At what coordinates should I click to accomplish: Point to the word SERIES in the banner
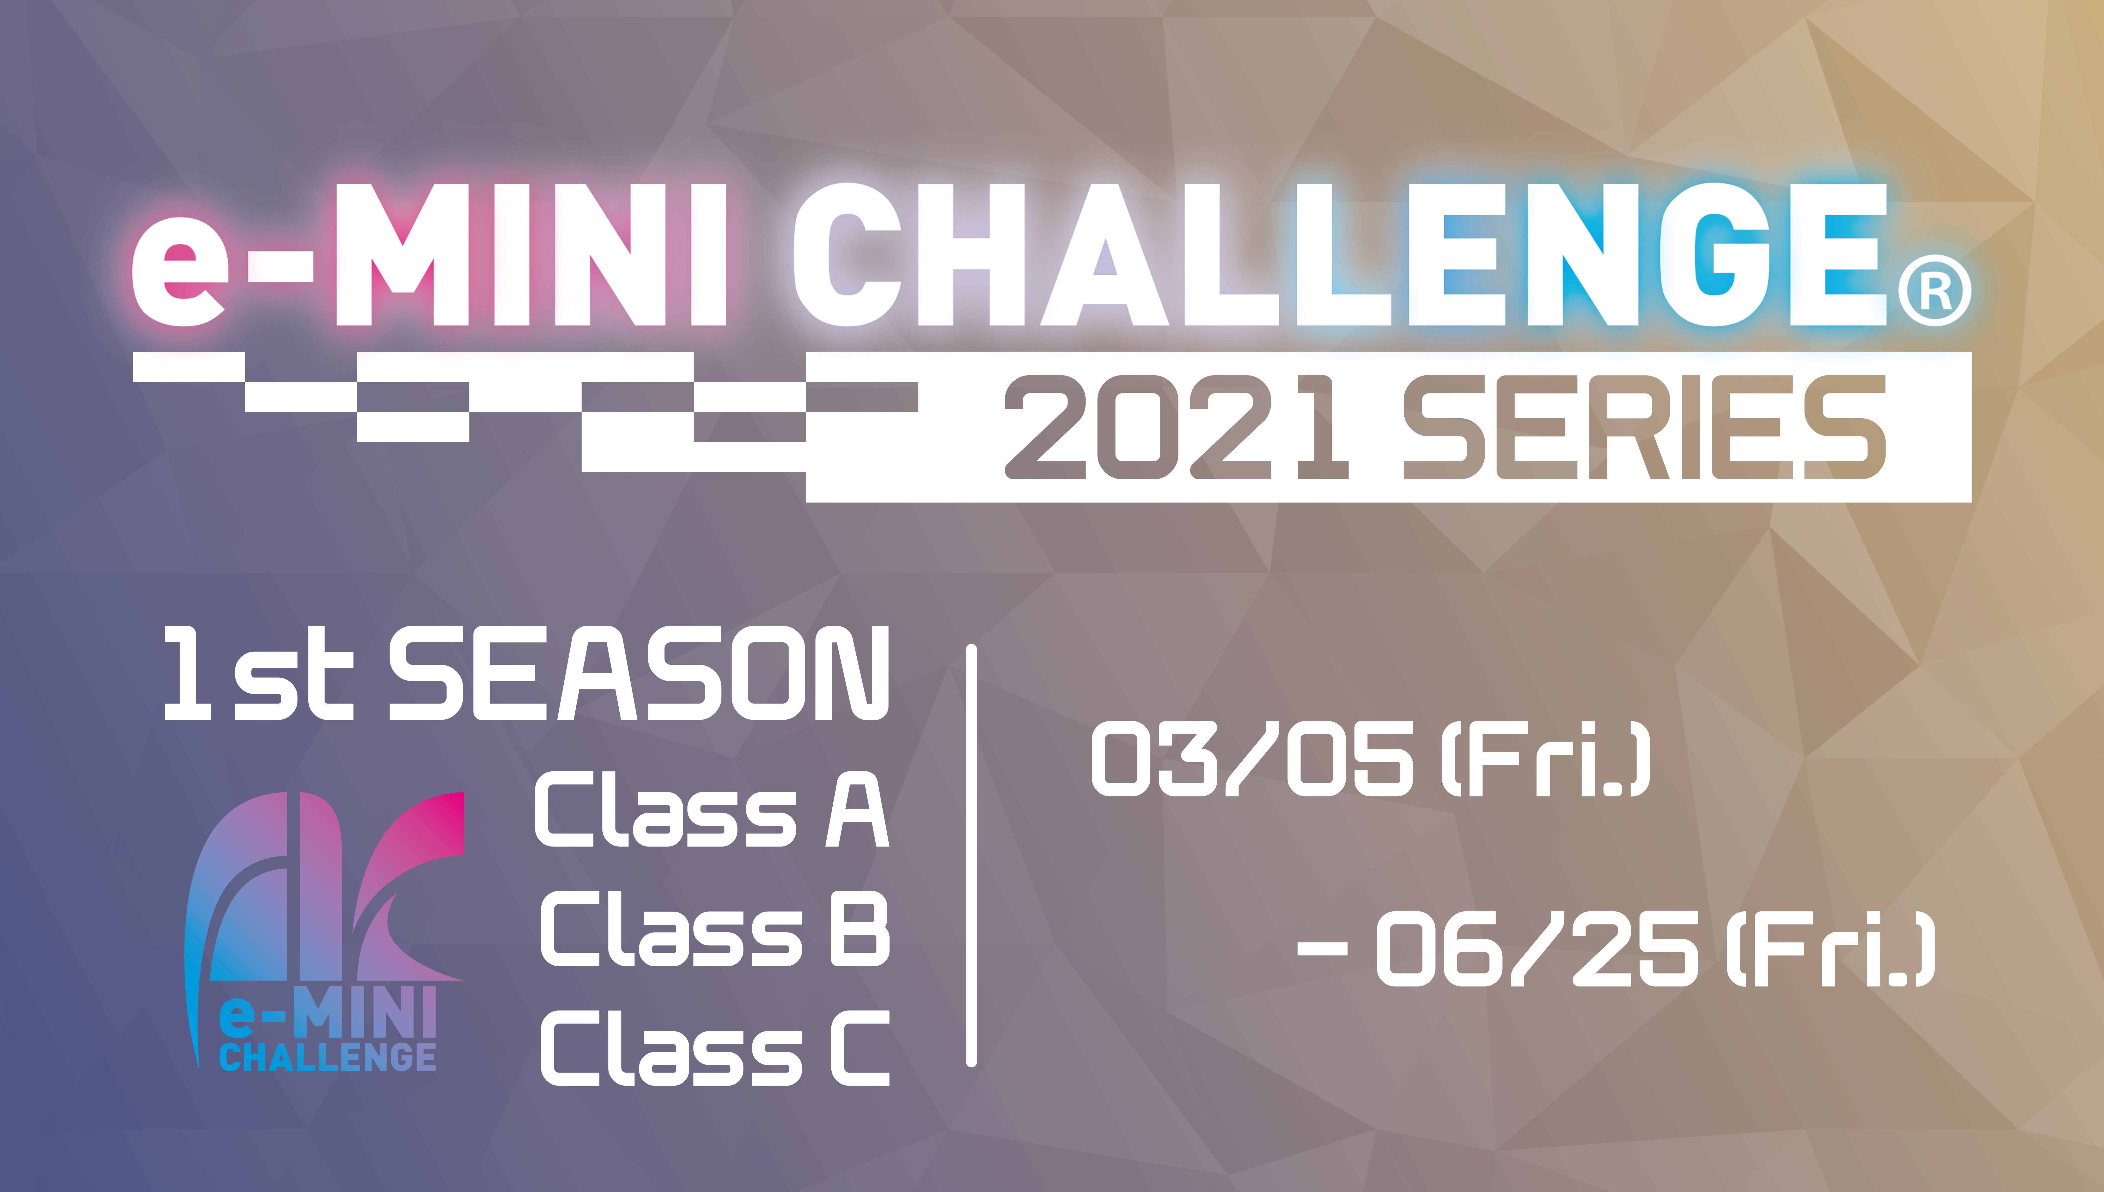[1645, 427]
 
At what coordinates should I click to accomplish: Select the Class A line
[712, 810]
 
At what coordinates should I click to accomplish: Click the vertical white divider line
[971, 856]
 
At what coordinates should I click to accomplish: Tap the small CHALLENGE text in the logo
[327, 1057]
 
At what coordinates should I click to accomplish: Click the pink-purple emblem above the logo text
[327, 888]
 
